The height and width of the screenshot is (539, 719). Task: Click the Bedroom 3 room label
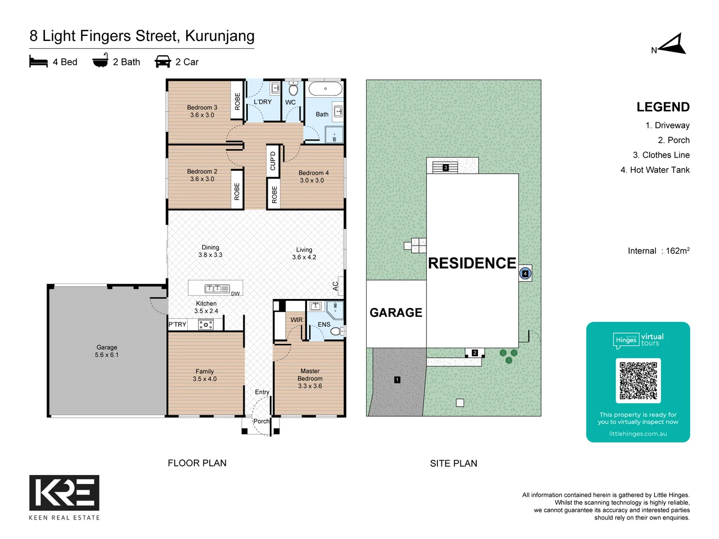202,107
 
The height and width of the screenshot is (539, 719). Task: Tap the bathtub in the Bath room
325,89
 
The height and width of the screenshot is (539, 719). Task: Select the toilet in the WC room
293,89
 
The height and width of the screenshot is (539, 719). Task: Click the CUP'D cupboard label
273,161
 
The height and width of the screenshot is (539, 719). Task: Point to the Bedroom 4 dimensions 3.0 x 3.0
312,181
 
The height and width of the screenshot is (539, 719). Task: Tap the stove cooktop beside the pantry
206,325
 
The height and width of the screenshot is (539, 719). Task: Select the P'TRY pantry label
177,324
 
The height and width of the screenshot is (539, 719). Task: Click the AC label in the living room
336,286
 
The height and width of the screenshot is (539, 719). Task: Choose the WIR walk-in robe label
297,320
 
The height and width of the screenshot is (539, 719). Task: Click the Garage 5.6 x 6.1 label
107,351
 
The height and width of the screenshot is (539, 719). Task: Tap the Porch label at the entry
261,421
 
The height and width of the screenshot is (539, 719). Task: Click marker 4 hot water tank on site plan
525,273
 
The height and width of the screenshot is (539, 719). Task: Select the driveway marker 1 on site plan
397,380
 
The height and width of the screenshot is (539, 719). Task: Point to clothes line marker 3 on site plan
446,168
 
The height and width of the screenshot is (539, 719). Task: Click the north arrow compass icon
673,45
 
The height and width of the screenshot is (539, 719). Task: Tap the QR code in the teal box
638,380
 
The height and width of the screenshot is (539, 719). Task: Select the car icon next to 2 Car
163,62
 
